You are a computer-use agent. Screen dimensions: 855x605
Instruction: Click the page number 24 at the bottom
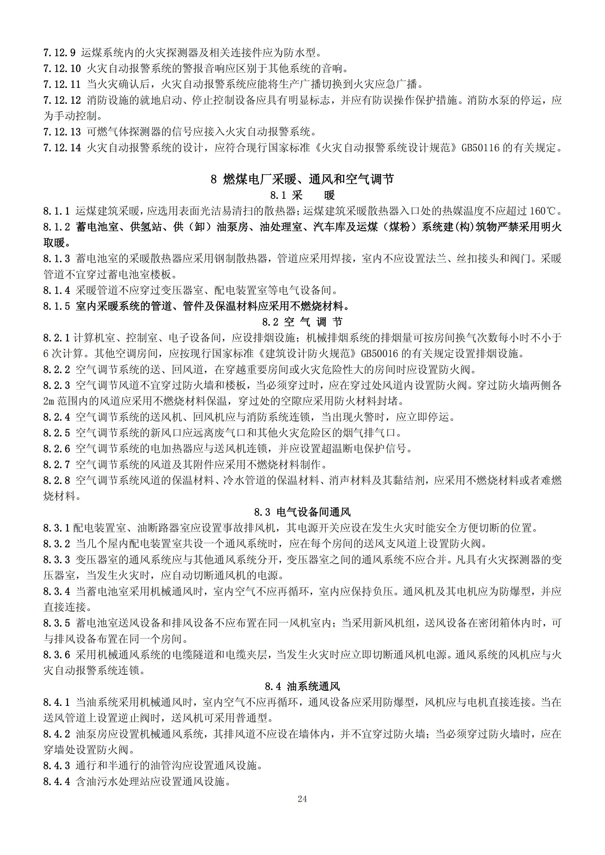pyautogui.click(x=302, y=799)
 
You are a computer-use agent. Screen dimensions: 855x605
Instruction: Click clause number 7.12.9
pyautogui.click(x=59, y=53)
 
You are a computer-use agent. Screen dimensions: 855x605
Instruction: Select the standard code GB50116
pyautogui.click(x=480, y=148)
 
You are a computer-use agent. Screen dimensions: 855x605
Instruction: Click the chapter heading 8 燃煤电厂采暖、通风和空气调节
pyautogui.click(x=302, y=179)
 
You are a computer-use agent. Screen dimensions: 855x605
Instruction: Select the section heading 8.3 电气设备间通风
pyautogui.click(x=302, y=512)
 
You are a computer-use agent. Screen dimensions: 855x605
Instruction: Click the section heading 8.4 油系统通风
pyautogui.click(x=302, y=686)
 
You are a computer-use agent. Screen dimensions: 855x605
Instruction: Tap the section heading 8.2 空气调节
pyautogui.click(x=302, y=322)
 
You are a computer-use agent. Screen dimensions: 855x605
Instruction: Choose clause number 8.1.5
pyautogui.click(x=56, y=306)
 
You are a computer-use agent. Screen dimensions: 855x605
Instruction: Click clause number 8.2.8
pyautogui.click(x=56, y=480)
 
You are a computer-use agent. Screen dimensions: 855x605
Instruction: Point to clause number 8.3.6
pyautogui.click(x=56, y=655)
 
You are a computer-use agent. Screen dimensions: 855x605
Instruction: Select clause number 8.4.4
pyautogui.click(x=56, y=781)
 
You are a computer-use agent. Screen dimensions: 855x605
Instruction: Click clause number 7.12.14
pyautogui.click(x=62, y=148)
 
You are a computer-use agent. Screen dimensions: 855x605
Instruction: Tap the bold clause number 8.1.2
pyautogui.click(x=56, y=227)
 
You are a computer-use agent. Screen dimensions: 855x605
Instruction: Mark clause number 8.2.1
pyautogui.click(x=56, y=338)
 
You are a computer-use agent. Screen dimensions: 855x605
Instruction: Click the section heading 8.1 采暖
pyautogui.click(x=302, y=195)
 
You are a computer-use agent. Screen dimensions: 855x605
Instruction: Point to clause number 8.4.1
pyautogui.click(x=56, y=702)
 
